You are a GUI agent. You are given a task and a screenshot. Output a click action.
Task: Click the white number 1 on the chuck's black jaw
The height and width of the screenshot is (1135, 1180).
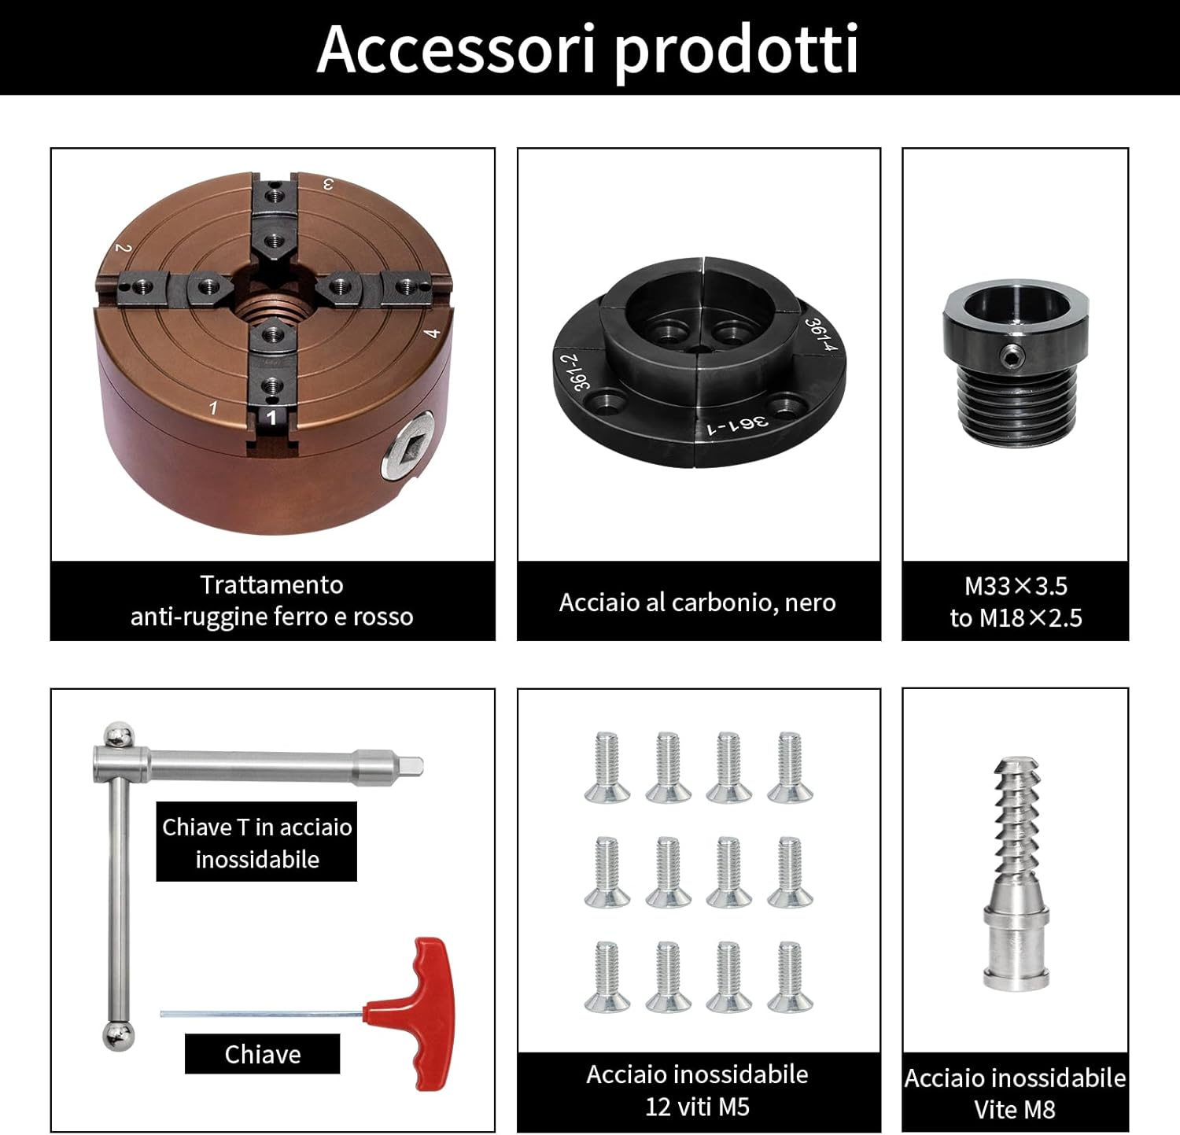(272, 417)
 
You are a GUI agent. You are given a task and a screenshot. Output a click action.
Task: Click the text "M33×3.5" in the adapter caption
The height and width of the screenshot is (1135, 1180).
(1016, 586)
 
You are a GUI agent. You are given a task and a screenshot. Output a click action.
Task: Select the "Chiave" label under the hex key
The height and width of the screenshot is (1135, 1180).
(262, 1054)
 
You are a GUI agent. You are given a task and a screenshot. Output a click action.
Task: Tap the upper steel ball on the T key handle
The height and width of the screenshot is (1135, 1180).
(119, 735)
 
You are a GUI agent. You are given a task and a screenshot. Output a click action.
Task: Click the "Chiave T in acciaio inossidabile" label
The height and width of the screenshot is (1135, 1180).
(256, 842)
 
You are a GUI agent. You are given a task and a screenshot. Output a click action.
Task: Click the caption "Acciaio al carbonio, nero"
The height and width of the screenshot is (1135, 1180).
(697, 603)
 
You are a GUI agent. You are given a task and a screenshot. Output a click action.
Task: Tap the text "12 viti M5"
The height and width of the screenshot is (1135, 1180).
(697, 1107)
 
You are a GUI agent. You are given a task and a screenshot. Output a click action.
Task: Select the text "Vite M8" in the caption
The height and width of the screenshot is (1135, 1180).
(1015, 1110)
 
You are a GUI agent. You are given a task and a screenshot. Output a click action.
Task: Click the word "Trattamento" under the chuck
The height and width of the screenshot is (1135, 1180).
(271, 584)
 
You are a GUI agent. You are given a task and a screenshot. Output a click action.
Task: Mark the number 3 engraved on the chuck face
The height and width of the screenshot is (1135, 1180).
(329, 185)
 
